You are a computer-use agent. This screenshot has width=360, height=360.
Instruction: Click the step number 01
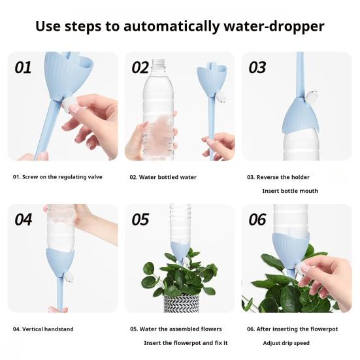[x=23, y=67]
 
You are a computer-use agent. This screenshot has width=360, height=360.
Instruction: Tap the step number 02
[x=140, y=67]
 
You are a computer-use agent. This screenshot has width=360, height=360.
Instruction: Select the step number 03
[x=257, y=67]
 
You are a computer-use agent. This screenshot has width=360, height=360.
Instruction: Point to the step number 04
[x=23, y=220]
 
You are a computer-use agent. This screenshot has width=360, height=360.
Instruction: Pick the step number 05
[x=140, y=220]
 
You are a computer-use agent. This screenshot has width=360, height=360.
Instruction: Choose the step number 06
[x=257, y=220]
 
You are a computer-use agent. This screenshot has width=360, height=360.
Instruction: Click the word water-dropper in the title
[x=274, y=26]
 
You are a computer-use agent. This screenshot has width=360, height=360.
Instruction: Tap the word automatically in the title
[x=171, y=26]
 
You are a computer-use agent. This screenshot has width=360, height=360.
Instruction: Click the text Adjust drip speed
[x=286, y=343]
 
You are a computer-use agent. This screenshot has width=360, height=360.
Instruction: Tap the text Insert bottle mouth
[x=290, y=191]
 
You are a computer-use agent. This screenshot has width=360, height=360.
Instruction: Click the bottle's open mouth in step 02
[x=159, y=61]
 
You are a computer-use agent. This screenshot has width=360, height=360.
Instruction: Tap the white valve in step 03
[x=310, y=96]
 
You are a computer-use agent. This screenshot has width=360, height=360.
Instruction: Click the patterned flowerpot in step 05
[x=182, y=303]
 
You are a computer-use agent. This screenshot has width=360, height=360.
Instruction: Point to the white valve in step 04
[x=69, y=278]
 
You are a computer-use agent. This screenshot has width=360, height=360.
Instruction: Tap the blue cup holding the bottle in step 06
[x=291, y=249]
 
